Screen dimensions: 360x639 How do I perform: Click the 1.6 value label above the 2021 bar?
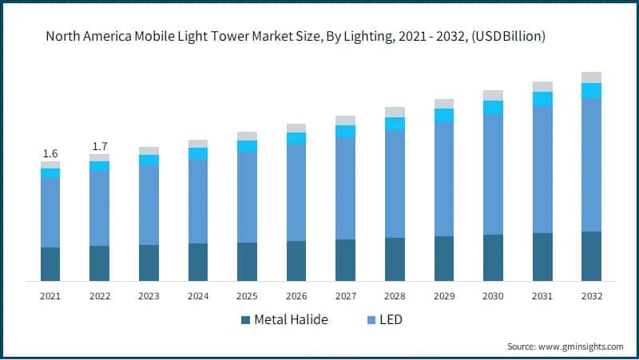tap(50, 153)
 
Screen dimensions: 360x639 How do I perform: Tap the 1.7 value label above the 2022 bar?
tap(100, 146)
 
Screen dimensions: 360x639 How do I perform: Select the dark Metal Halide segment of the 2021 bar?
tap(50, 264)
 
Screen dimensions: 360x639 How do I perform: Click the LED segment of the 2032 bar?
tap(591, 164)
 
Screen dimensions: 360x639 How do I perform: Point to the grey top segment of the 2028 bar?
tap(395, 112)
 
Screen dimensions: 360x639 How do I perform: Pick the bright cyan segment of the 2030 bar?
tap(493, 107)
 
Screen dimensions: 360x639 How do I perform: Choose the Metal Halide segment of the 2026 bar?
tap(296, 261)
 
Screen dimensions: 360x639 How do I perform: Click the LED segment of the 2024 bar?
tap(198, 201)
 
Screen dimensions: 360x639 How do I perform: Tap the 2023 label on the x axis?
tap(149, 296)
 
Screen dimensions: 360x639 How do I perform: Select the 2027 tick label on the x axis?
tap(345, 296)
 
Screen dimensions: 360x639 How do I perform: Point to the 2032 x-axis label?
tap(591, 296)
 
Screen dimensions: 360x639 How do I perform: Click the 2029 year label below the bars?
tap(444, 296)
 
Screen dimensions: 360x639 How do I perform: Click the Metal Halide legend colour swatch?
tap(244, 320)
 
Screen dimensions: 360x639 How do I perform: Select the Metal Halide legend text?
tap(291, 320)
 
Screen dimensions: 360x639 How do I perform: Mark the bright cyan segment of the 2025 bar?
tap(247, 146)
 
